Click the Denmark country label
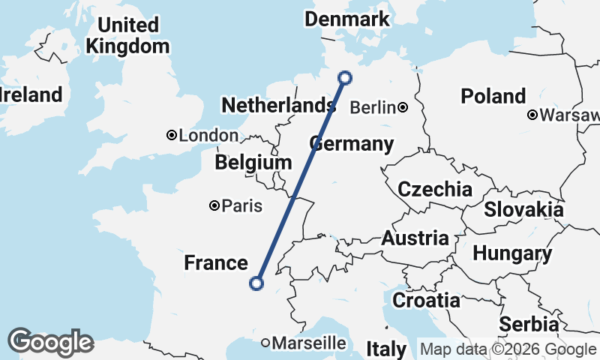point(347,19)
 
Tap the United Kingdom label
point(127,35)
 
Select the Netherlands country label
point(277,106)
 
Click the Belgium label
point(253,163)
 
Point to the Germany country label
point(351,144)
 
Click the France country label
point(216,262)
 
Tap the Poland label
point(493,96)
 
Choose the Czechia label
point(435,189)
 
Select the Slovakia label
point(523,209)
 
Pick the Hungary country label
point(512,254)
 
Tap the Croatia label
point(427,301)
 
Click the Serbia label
point(529,325)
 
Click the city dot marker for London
point(172,136)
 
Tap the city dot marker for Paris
point(214,205)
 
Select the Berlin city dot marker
point(403,107)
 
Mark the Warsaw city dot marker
point(532,115)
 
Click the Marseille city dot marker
point(265,343)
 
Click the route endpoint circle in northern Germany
point(345,76)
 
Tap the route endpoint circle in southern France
point(256,283)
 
